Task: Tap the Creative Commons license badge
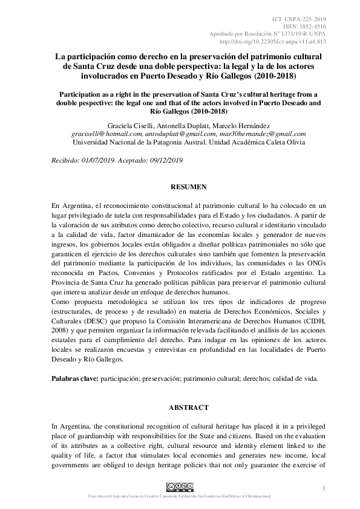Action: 180,487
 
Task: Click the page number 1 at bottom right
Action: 325,488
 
